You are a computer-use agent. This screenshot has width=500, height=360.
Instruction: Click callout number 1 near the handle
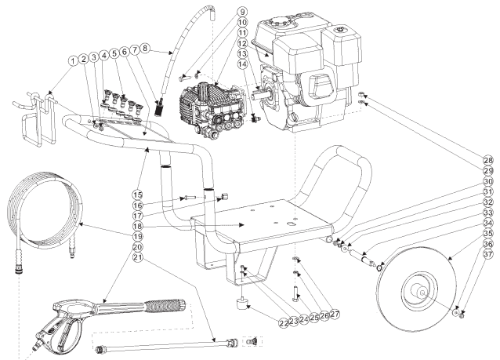[73, 60]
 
